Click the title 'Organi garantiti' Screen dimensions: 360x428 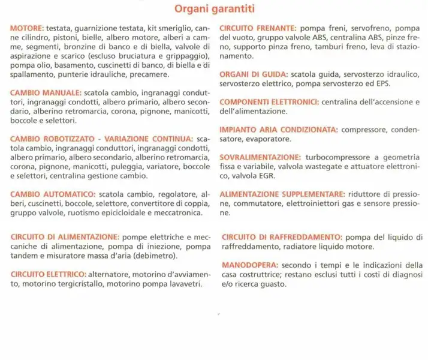pyautogui.click(x=214, y=9)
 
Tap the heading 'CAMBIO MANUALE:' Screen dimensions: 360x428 pyautogui.click(x=46, y=94)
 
